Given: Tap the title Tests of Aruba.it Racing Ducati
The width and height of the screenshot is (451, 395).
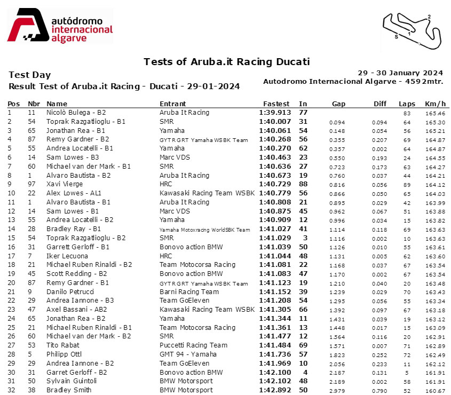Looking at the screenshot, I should [x=227, y=62].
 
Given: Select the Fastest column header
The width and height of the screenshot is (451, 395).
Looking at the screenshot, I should [x=276, y=104].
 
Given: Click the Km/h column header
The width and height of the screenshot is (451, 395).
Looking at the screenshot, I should [x=435, y=104].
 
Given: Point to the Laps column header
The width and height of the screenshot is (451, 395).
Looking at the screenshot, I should [x=407, y=104].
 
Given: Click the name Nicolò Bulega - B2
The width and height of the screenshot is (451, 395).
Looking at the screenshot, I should [x=76, y=113].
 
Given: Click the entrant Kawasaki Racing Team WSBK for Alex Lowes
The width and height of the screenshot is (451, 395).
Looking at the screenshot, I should [x=207, y=193].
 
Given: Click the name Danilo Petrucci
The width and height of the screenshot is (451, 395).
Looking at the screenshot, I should [x=68, y=291].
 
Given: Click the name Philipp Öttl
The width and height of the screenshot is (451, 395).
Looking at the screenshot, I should [x=63, y=354].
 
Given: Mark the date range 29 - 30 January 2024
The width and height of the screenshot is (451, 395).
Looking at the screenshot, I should [x=400, y=73].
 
